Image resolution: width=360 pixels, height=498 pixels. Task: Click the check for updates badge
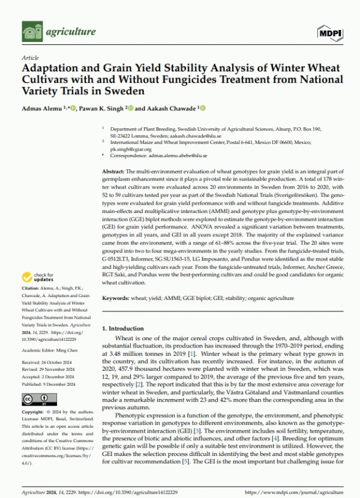(38, 278)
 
